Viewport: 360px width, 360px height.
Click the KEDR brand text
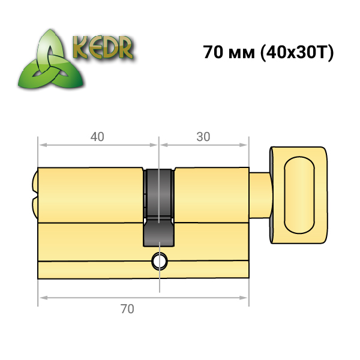(x=103, y=47)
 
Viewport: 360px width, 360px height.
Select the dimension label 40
(x=97, y=137)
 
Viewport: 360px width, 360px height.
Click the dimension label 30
(x=203, y=137)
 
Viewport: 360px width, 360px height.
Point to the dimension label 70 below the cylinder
(x=127, y=309)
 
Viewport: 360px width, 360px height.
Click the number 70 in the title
(x=213, y=52)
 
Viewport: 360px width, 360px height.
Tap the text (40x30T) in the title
(x=296, y=53)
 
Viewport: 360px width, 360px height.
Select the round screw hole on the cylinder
(x=160, y=261)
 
